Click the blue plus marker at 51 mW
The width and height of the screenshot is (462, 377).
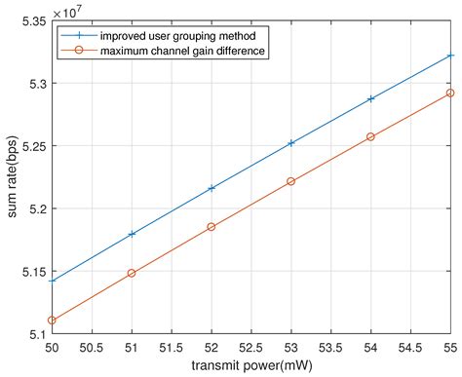(x=132, y=234)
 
